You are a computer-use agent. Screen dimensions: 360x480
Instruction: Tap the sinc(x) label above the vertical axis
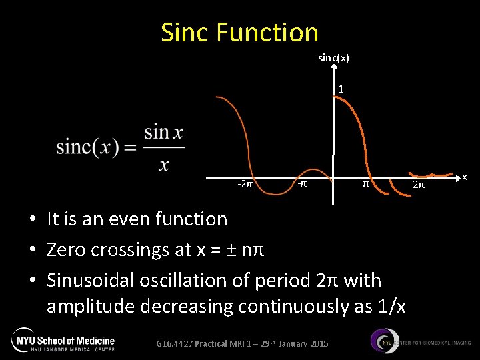pyautogui.click(x=333, y=58)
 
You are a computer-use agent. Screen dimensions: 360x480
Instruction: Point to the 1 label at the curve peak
pyautogui.click(x=341, y=89)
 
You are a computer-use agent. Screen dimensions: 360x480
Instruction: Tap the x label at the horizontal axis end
pyautogui.click(x=465, y=177)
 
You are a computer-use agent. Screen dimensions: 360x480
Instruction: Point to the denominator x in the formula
pyautogui.click(x=164, y=163)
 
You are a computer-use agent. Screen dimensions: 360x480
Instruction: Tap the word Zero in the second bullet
pyautogui.click(x=66, y=249)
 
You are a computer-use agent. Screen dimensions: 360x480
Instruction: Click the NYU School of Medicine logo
pyautogui.click(x=63, y=340)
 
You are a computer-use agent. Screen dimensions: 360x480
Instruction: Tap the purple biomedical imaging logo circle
pyautogui.click(x=383, y=341)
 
